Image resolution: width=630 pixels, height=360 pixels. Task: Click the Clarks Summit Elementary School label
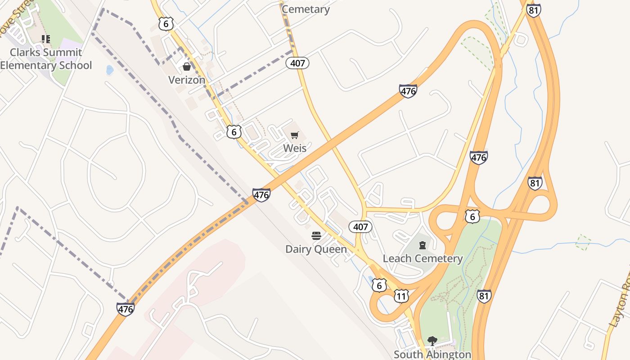[45, 58]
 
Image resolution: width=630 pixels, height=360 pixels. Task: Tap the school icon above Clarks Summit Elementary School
[45, 39]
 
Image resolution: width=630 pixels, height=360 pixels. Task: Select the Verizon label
[186, 80]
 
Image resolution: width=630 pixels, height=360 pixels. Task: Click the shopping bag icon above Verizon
[186, 67]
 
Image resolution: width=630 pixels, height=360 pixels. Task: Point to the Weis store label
[295, 148]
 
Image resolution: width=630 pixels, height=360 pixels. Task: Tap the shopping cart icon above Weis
[295, 135]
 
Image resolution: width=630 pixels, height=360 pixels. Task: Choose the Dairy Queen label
[316, 249]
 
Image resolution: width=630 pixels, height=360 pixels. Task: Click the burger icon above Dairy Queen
[316, 236]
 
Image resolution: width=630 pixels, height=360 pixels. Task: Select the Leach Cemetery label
[423, 258]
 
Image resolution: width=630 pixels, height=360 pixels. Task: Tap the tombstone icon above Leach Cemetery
[423, 245]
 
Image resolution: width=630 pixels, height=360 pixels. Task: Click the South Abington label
[432, 354]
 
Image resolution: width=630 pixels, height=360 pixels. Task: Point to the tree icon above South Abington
[432, 341]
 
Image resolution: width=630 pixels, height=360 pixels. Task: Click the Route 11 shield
[401, 296]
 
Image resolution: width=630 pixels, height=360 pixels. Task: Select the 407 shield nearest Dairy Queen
[360, 227]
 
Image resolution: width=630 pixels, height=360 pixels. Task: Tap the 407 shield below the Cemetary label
[297, 63]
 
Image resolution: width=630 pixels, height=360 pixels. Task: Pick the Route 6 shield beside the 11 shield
[379, 285]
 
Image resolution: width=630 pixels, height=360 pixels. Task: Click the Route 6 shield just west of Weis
[234, 132]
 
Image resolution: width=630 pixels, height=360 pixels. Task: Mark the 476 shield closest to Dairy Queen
[261, 195]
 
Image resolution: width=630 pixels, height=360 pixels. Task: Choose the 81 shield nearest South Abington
[483, 296]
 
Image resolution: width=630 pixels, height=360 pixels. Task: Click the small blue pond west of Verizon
[109, 70]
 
